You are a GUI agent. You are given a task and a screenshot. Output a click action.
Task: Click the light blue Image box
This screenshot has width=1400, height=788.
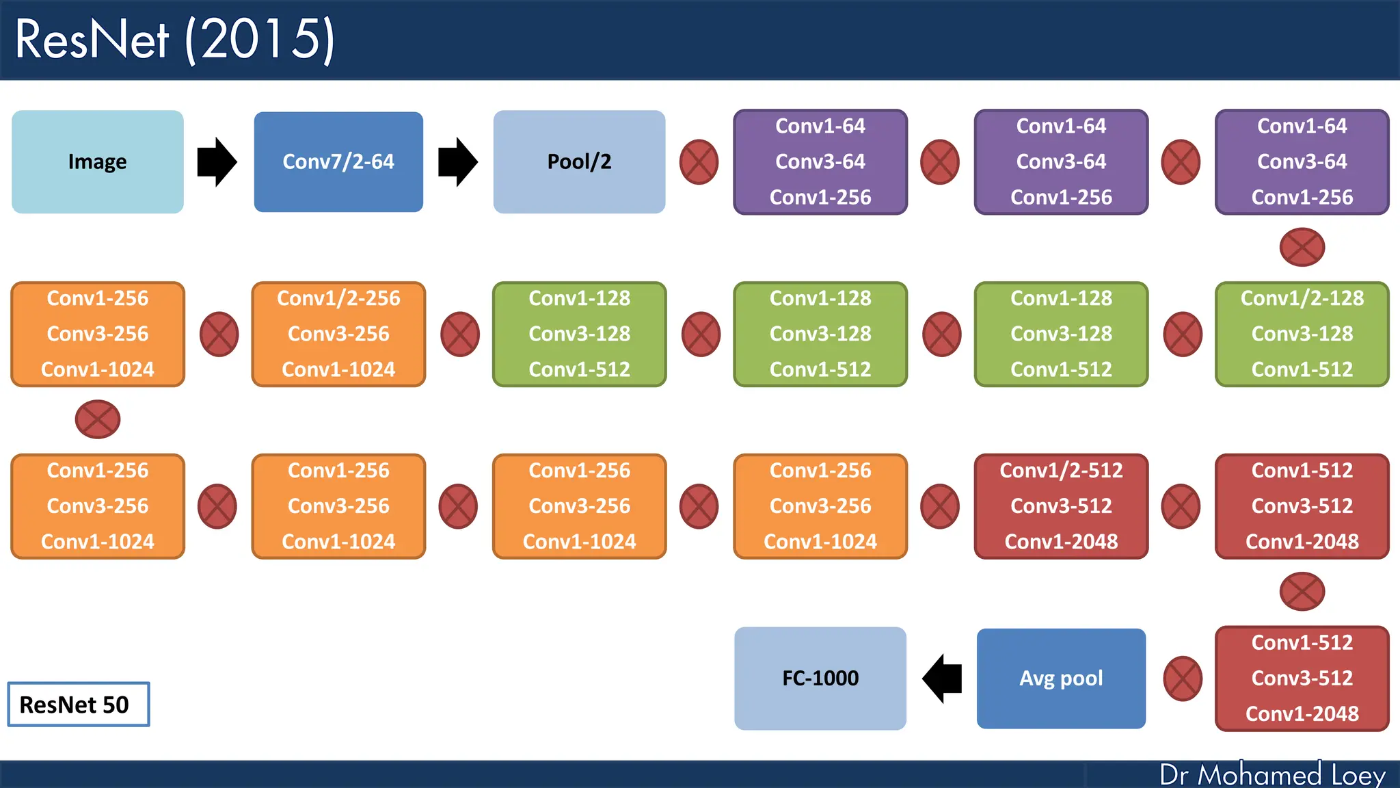[x=97, y=162]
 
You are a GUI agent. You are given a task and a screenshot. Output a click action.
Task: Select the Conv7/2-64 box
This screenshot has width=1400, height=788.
[x=338, y=162]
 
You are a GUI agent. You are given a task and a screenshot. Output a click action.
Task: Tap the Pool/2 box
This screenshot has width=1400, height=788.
[x=579, y=162]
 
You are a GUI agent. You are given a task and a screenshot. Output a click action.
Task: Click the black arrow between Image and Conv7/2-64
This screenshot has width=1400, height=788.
[x=217, y=162]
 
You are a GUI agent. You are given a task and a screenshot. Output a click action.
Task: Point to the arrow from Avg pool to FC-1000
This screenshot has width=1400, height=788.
[x=942, y=679]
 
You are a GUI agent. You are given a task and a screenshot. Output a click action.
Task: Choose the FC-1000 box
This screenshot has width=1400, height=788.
[x=820, y=679]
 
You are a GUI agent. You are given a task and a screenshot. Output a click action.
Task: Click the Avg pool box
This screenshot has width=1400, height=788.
[x=1061, y=679]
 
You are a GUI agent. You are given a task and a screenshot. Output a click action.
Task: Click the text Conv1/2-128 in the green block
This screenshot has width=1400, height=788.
[x=1302, y=298]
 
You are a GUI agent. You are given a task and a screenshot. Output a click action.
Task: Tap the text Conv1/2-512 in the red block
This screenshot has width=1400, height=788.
[x=1061, y=471]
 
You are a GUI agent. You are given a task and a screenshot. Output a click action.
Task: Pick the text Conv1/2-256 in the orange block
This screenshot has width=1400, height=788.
[x=338, y=298]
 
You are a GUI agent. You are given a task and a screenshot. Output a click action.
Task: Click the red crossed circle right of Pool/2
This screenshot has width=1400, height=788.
[x=699, y=162]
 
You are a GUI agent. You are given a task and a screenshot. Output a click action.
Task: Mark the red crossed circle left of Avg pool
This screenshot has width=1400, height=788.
[x=1183, y=679]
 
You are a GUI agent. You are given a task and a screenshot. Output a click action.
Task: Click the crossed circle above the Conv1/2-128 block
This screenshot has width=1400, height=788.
[x=1302, y=247]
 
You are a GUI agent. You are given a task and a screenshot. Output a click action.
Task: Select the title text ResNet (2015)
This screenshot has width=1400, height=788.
[x=175, y=40]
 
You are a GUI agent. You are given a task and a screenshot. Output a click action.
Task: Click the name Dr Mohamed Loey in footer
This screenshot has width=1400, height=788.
[x=1272, y=775]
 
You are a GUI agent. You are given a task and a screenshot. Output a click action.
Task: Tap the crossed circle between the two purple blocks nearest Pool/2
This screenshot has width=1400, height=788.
[x=940, y=162]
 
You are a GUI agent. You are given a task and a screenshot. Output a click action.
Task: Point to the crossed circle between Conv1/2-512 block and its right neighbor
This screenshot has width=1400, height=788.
[x=1181, y=506]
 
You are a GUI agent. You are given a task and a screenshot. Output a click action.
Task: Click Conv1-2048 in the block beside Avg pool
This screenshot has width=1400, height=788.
[x=1302, y=713]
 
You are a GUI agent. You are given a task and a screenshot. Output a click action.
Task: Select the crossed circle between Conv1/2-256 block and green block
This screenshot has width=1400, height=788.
[x=459, y=334]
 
